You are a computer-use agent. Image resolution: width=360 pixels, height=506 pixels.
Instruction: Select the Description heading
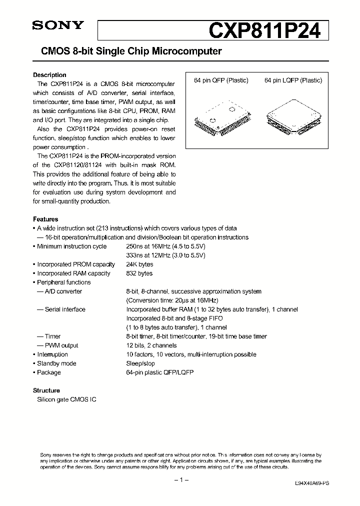click(49, 75)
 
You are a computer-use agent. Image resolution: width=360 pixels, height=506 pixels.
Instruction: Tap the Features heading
click(45, 219)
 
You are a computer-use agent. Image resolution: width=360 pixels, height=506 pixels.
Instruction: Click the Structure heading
click(46, 390)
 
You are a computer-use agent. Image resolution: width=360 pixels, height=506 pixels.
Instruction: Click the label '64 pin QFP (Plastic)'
click(221, 80)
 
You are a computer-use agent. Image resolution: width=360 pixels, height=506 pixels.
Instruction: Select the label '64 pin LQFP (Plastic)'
click(293, 80)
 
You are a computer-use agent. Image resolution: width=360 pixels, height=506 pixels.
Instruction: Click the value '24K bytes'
click(139, 264)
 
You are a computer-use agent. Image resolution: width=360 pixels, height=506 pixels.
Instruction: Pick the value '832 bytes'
click(139, 273)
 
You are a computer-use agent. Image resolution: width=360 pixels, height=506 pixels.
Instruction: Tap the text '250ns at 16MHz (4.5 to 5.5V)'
click(165, 246)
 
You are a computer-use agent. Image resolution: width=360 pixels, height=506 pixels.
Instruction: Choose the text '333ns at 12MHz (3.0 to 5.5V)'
click(165, 255)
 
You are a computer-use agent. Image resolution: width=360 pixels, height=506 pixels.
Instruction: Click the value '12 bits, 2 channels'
click(151, 345)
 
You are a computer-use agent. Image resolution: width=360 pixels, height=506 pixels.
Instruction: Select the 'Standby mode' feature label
click(56, 363)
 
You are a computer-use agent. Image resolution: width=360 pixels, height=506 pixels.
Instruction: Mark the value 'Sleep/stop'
click(140, 363)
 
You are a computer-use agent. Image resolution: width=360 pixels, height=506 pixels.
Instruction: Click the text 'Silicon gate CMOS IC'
click(66, 399)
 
